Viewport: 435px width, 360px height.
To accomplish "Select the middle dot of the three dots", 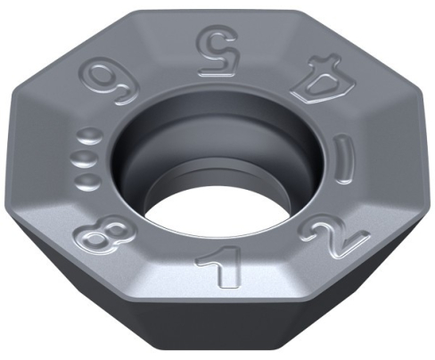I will [x=82, y=160].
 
